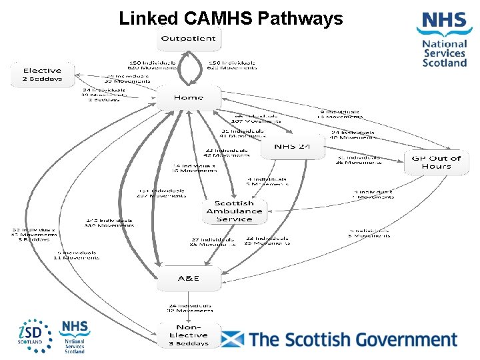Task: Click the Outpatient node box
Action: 189,39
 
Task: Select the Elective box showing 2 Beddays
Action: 42,75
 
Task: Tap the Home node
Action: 189,98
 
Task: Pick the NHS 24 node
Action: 292,146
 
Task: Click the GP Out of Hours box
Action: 436,163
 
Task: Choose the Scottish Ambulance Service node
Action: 234,211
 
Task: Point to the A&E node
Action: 189,278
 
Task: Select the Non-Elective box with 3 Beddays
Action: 189,335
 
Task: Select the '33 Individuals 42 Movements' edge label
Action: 227,153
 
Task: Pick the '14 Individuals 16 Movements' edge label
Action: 194,168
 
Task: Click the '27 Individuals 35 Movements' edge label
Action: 213,241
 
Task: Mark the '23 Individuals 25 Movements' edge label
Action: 267,241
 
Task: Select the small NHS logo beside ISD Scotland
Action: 74,337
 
